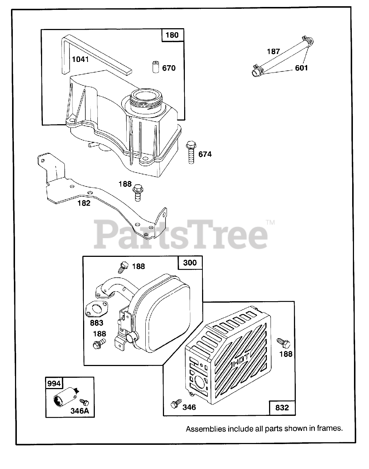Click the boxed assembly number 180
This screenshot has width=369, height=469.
[172, 35]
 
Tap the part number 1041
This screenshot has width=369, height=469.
[80, 59]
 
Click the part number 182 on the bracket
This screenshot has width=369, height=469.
[84, 203]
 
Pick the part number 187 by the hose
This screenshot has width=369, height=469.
[273, 51]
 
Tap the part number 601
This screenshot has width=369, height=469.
[302, 68]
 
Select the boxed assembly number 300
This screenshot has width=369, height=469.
[190, 263]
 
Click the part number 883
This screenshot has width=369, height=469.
[97, 323]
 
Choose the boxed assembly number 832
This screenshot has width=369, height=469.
[282, 407]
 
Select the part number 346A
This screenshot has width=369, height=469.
[80, 410]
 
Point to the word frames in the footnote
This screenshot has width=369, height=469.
[331, 429]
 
